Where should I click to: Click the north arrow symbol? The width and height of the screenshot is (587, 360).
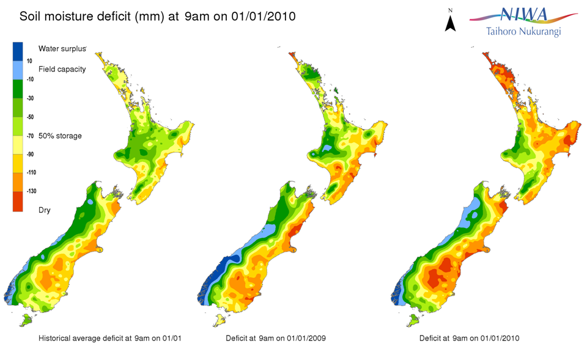point(451,23)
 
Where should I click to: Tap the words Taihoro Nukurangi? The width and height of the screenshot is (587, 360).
point(523,31)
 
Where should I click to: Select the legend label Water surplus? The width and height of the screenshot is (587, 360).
point(62,48)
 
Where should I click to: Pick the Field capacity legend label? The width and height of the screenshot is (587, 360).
point(62,69)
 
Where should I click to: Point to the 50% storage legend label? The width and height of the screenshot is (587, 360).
point(60,135)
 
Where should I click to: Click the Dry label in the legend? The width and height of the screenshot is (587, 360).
point(44,210)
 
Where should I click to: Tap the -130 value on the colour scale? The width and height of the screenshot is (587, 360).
point(31,191)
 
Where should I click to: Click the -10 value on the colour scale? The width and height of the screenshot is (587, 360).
point(30,79)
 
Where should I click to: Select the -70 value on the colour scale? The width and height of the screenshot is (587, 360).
point(30,136)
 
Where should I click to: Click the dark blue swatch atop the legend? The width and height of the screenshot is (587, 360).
point(18,51)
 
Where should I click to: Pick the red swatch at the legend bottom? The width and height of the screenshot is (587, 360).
point(18,201)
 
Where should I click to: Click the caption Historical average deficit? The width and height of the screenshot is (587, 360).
point(109,338)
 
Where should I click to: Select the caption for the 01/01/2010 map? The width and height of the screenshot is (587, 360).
point(469,338)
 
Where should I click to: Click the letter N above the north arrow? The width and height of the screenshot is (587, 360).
point(451,10)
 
